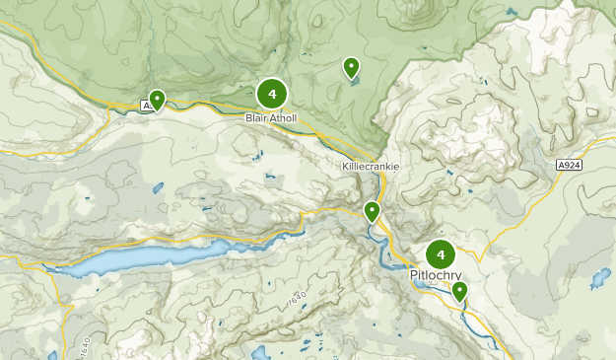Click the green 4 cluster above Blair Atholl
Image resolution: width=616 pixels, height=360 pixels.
click(x=272, y=94)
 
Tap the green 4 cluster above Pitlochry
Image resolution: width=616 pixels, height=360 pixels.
click(x=441, y=253)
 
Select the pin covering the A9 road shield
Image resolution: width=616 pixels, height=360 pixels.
click(x=156, y=100)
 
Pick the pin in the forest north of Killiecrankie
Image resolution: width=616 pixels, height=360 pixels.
click(x=351, y=67)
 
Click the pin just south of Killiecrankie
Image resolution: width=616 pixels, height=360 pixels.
click(x=372, y=210)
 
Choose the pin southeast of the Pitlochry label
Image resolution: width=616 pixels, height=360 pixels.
click(x=459, y=290)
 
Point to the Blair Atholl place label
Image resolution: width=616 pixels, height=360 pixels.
click(x=272, y=117)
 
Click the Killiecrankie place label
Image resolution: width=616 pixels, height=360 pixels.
click(x=371, y=167)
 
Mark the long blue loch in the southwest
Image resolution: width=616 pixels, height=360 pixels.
click(x=128, y=259)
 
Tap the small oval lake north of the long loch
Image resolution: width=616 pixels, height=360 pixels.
click(x=157, y=187)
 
